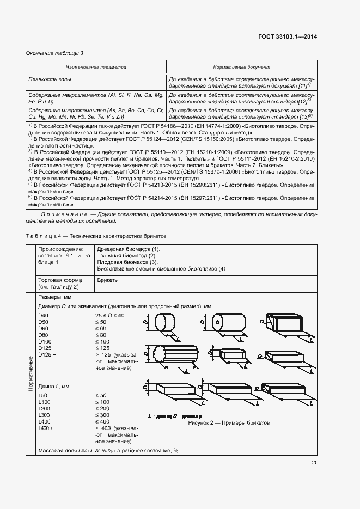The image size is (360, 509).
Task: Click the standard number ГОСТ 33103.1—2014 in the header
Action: pos(287,36)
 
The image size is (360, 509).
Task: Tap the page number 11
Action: pos(313,463)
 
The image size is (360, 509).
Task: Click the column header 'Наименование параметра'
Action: pos(96,67)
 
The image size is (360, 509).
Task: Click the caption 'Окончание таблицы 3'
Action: pos(54,53)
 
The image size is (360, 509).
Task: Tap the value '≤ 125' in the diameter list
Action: pos(102,348)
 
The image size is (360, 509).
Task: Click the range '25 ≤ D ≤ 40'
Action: pos(110,315)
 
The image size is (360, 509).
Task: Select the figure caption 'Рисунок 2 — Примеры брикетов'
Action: pos(229,423)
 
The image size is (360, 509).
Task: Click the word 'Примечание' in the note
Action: pos(67,215)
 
